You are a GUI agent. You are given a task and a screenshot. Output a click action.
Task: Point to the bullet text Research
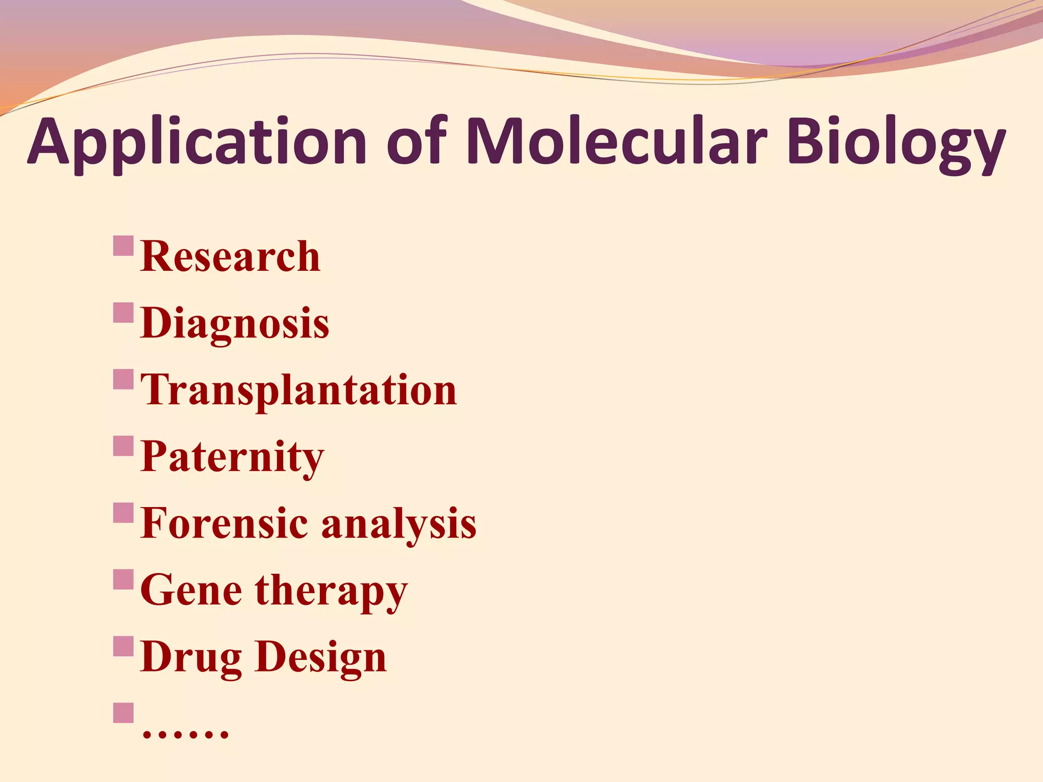(x=230, y=257)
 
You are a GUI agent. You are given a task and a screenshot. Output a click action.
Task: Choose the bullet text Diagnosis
(x=235, y=324)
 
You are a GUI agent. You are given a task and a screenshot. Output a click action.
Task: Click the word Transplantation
(x=298, y=391)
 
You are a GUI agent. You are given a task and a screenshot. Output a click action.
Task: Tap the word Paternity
(x=232, y=457)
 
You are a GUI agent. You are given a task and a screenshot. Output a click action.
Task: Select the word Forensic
(x=224, y=523)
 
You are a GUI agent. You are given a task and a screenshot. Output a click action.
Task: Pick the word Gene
(x=191, y=590)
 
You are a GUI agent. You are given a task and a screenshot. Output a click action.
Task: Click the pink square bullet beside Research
(x=123, y=246)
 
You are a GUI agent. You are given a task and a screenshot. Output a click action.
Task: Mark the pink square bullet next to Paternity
(x=123, y=446)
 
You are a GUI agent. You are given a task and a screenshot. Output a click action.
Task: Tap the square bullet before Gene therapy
(x=123, y=579)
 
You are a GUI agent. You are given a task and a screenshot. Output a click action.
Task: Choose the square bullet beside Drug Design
(x=123, y=646)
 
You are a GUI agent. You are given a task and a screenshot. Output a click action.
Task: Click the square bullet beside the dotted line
(x=123, y=713)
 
